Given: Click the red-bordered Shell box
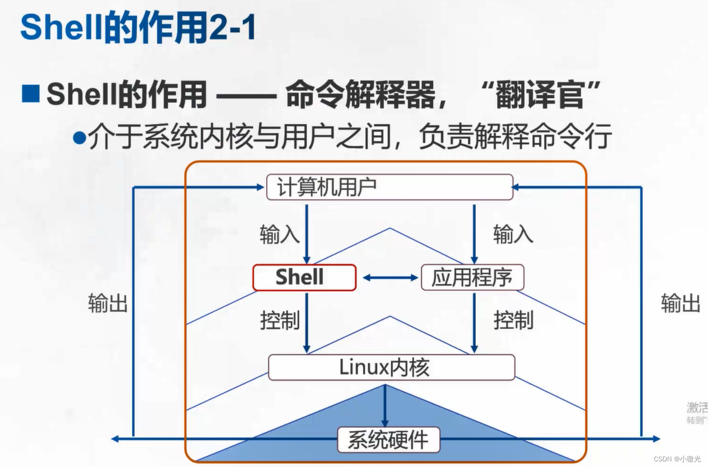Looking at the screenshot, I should tap(304, 277).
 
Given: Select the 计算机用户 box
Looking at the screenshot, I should tap(390, 187).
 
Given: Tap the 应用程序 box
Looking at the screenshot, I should tap(472, 277).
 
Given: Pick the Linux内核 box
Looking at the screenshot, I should tap(391, 367).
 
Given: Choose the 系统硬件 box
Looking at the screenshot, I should tap(389, 440).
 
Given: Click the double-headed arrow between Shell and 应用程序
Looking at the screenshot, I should tap(390, 278).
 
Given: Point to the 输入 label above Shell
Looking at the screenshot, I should tap(279, 234).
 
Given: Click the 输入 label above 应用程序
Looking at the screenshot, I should tap(513, 234).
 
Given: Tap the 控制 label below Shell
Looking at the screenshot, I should tap(280, 321).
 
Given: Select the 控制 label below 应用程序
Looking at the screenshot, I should tap(513, 321).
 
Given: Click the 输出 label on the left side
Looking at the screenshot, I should tap(108, 303).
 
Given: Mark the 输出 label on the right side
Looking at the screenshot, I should tap(680, 303).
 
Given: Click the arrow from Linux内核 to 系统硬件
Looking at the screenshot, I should tap(385, 404).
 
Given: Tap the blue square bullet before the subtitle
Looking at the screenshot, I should tap(31, 93).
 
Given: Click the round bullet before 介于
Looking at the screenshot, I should tap(80, 138).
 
